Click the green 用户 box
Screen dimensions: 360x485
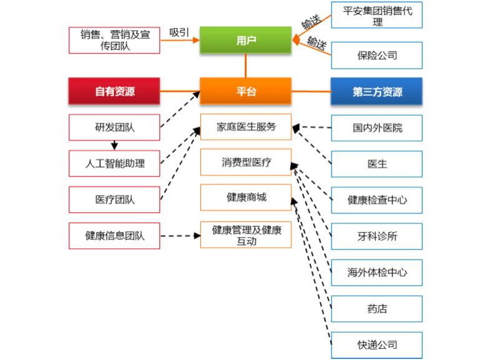pyautogui.click(x=245, y=41)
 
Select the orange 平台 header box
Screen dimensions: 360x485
pyautogui.click(x=245, y=91)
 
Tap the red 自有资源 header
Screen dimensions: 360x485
pyautogui.click(x=114, y=91)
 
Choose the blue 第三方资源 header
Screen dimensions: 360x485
pyautogui.click(x=376, y=91)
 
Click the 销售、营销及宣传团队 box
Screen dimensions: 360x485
pyautogui.click(x=114, y=40)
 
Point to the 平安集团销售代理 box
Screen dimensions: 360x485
pyautogui.click(x=376, y=16)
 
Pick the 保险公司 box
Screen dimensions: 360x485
pyautogui.click(x=376, y=55)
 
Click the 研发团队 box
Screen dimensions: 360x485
pyautogui.click(x=114, y=128)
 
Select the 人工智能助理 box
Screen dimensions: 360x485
pyautogui.click(x=114, y=163)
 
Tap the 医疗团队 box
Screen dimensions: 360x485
pyautogui.click(x=114, y=200)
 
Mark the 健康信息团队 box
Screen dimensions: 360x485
pyautogui.click(x=114, y=236)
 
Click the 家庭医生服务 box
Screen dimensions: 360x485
pyautogui.click(x=245, y=127)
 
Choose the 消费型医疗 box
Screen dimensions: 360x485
pyautogui.click(x=245, y=162)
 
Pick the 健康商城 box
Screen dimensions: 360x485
pyautogui.click(x=245, y=197)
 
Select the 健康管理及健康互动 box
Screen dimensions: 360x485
pyautogui.click(x=245, y=235)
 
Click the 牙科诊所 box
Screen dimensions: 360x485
pyautogui.click(x=376, y=236)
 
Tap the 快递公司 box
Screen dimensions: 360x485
pyautogui.click(x=376, y=344)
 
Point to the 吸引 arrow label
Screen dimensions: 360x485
pyautogui.click(x=179, y=32)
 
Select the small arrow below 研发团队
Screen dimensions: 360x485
pyautogui.click(x=114, y=146)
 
